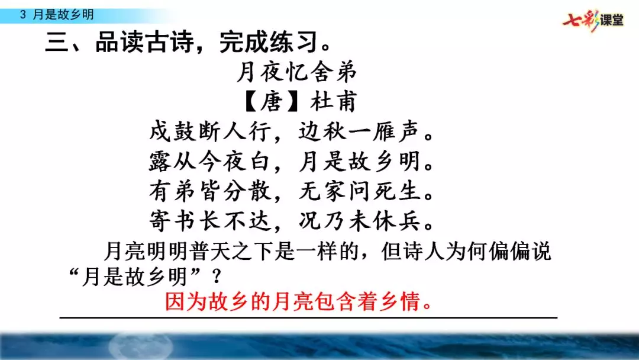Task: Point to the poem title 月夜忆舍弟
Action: pyautogui.click(x=297, y=73)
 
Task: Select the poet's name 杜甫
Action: pyautogui.click(x=335, y=102)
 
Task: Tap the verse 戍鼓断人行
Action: pyautogui.click(x=211, y=131)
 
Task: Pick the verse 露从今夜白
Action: pyautogui.click(x=211, y=161)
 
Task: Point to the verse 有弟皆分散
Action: pyautogui.click(x=211, y=191)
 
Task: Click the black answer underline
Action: pyautogui.click(x=308, y=318)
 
